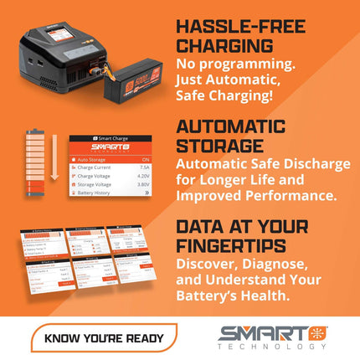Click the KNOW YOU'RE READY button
(x=104, y=339)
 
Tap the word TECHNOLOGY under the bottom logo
(x=270, y=347)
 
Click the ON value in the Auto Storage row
(x=144, y=156)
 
